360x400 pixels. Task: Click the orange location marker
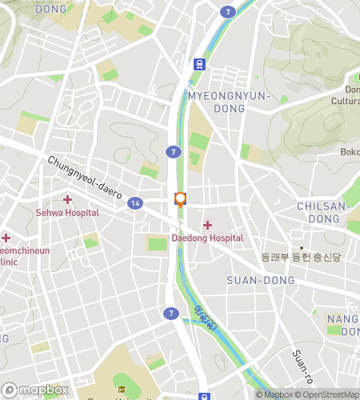click(x=180, y=200)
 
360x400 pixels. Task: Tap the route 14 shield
click(x=136, y=204)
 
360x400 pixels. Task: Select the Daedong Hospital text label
click(x=207, y=238)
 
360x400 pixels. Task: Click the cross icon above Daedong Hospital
click(x=207, y=225)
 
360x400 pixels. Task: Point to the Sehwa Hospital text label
click(x=67, y=213)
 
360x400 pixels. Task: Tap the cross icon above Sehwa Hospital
click(x=67, y=199)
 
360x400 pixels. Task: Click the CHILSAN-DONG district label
click(x=324, y=212)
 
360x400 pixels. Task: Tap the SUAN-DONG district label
click(x=261, y=280)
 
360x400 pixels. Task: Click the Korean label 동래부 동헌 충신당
click(x=301, y=258)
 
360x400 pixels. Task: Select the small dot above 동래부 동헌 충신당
click(x=302, y=247)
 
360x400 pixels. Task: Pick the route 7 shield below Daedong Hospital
click(x=170, y=313)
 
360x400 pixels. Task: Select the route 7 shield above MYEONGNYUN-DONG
click(x=230, y=12)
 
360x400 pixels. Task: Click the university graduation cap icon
click(x=122, y=390)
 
